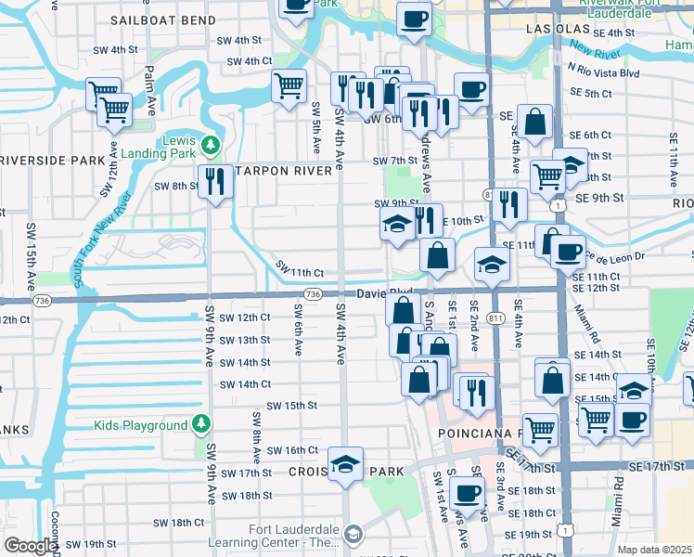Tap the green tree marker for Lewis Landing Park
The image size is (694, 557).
click(x=211, y=145)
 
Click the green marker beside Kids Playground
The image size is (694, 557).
click(x=201, y=425)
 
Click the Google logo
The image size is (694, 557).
click(x=31, y=546)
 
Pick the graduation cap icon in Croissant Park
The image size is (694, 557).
click(x=345, y=463)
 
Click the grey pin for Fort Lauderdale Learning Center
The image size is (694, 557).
click(x=353, y=533)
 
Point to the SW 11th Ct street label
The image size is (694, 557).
click(x=299, y=272)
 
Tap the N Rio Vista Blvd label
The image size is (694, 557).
click(x=604, y=73)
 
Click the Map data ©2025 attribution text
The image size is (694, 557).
click(x=654, y=550)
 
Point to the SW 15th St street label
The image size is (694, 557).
click(x=291, y=406)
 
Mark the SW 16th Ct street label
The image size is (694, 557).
click(x=292, y=450)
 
